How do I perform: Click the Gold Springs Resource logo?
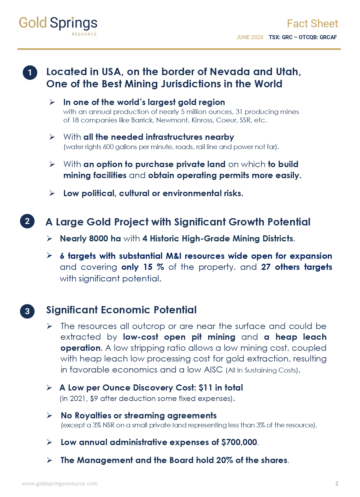[x=58, y=26]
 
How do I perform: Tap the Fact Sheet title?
[x=312, y=24]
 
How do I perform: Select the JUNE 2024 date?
[x=249, y=37]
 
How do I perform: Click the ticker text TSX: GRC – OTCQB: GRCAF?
[x=303, y=37]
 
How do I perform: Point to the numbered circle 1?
[x=30, y=73]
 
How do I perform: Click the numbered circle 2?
[x=27, y=221]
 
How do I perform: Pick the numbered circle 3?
[x=27, y=311]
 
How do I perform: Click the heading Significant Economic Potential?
[x=121, y=310]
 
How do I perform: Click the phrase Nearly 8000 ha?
[x=90, y=238]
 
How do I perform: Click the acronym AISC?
[x=213, y=370]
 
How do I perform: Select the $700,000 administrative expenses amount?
[x=239, y=442]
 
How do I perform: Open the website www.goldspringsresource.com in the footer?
[x=60, y=484]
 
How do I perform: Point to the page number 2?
[x=337, y=484]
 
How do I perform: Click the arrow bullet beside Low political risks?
[x=52, y=193]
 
